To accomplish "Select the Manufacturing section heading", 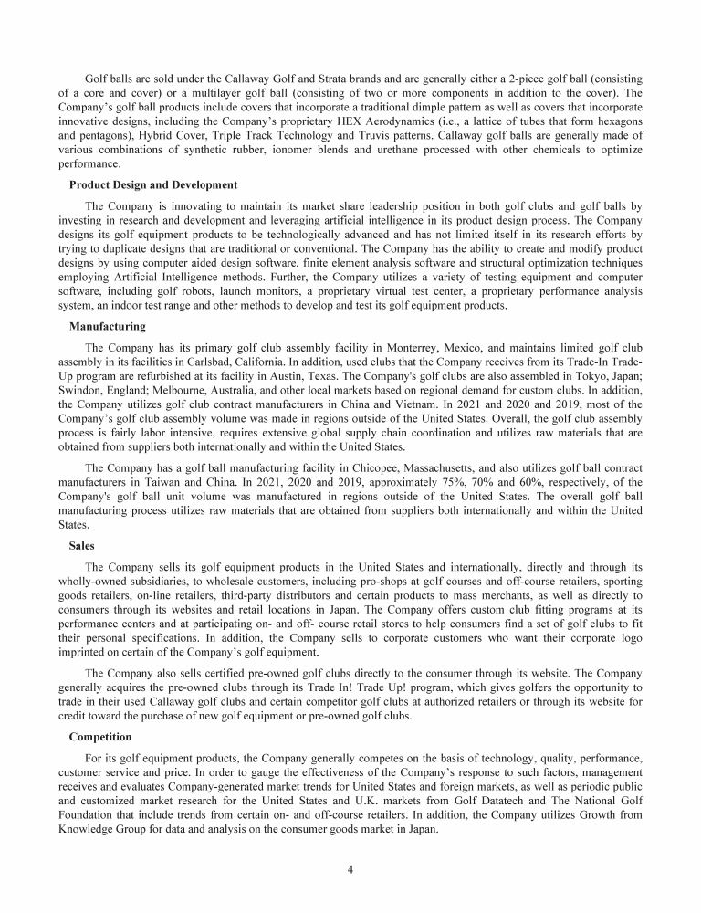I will point(107,326).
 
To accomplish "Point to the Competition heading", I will point(100,736).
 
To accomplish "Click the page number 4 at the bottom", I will point(350,868).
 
